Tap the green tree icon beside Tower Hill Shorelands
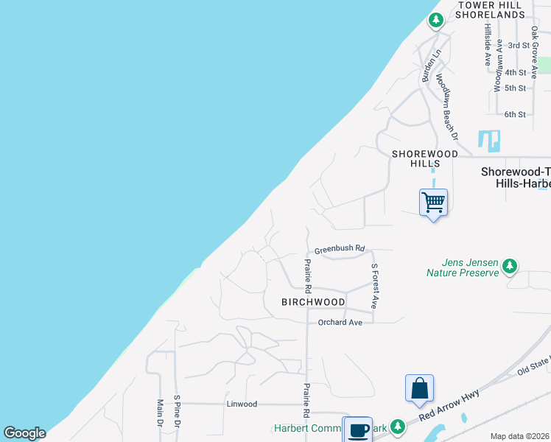(436, 20)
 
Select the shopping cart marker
(433, 202)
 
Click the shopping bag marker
(419, 388)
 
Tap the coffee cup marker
(358, 430)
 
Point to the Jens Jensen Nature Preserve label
(463, 267)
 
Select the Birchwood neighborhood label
(313, 302)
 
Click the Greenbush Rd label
(340, 250)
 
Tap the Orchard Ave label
(340, 323)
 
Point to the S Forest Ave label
(375, 286)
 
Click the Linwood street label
(242, 404)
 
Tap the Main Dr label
(159, 413)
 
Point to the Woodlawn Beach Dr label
(446, 107)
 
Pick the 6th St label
(515, 114)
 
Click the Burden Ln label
(430, 66)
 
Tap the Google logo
(24, 433)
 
